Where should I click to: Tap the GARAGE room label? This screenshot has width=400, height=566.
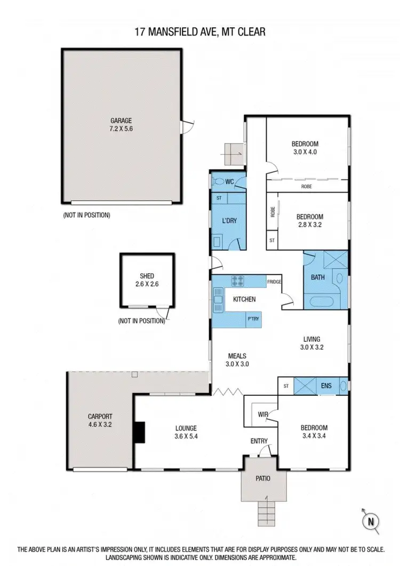[x=121, y=121]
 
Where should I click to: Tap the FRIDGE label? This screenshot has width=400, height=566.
[x=274, y=282]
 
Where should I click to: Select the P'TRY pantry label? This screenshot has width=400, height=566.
[x=252, y=319]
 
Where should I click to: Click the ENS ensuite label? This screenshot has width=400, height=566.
[x=326, y=385]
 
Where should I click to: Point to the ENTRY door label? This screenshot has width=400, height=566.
[x=259, y=441]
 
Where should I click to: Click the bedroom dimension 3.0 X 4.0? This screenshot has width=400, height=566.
[x=305, y=152]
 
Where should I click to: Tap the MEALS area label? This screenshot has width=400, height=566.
[x=236, y=355]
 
